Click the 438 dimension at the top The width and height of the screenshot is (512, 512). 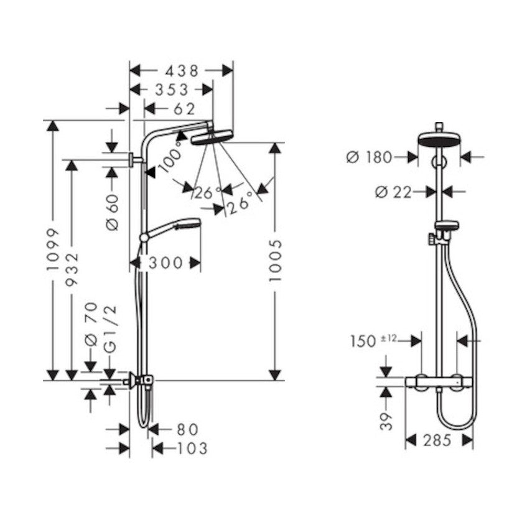[x=180, y=70]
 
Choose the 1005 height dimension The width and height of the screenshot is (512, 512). [x=274, y=260]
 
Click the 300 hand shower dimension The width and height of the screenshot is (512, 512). [x=166, y=263]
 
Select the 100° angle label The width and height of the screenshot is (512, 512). [x=170, y=156]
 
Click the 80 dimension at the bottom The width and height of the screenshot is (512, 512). [x=187, y=429]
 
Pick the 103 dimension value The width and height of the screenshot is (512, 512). [x=189, y=448]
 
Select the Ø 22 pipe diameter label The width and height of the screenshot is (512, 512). [x=393, y=192]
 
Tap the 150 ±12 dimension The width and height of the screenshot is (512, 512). [x=372, y=341]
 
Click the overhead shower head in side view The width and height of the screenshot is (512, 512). [x=210, y=137]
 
